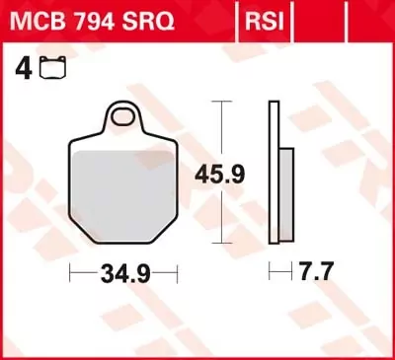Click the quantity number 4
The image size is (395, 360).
20,70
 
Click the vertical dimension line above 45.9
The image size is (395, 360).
225,128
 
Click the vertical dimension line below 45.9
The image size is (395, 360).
225,217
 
